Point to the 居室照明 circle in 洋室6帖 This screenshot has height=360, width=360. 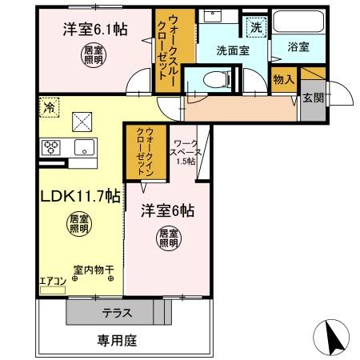pos(166,238)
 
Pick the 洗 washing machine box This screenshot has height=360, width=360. pos(255,26)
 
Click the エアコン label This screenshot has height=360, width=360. pos(52,280)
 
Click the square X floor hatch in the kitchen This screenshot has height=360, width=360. pos(82,121)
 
